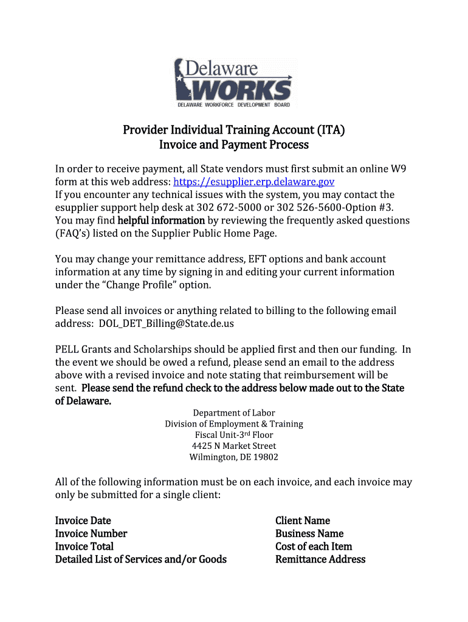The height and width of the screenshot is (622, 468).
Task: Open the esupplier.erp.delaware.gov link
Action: point(253,182)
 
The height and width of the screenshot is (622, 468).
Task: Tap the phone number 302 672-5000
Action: point(228,207)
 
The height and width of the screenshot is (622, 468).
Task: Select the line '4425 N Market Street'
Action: point(234,446)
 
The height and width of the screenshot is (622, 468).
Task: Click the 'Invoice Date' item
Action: point(83,521)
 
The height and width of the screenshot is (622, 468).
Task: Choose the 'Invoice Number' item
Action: point(91,533)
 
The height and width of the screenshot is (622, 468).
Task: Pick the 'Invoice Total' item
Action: point(84,546)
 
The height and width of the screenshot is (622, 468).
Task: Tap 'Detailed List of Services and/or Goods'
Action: point(141,559)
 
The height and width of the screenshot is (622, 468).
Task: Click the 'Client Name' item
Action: point(303,521)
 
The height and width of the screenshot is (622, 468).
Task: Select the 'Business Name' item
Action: point(309,533)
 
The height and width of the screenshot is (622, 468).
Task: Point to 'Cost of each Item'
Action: point(314,546)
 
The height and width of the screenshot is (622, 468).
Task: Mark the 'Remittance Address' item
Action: point(320,559)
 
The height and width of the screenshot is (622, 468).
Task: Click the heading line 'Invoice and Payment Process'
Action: point(234,145)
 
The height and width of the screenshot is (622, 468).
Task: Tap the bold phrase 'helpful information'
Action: point(161,220)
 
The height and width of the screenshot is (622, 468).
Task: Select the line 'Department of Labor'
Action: point(234,413)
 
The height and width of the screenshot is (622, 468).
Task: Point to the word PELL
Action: point(67,349)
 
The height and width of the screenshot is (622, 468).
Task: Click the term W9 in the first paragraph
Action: point(399,169)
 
